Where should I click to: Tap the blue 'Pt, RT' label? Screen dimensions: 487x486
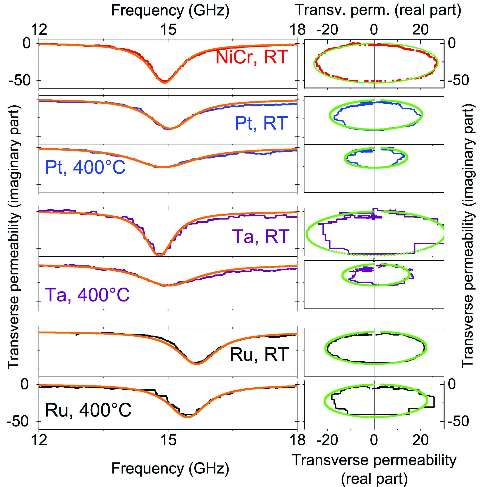tap(261, 123)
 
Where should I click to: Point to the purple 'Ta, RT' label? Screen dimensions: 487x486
tap(260, 237)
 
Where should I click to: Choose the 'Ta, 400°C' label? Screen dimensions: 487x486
tap(87, 295)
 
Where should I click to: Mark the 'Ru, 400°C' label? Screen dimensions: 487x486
tap(88, 410)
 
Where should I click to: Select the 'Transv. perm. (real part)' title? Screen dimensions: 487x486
tap(378, 10)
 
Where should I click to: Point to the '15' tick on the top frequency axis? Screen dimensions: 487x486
tap(168, 30)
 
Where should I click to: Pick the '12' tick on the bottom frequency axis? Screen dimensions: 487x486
tap(39, 440)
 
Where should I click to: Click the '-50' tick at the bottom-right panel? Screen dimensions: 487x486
tap(459, 421)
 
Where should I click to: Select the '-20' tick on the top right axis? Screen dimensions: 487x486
tap(327, 30)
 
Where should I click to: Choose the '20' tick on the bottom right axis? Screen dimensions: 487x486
tap(420, 440)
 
